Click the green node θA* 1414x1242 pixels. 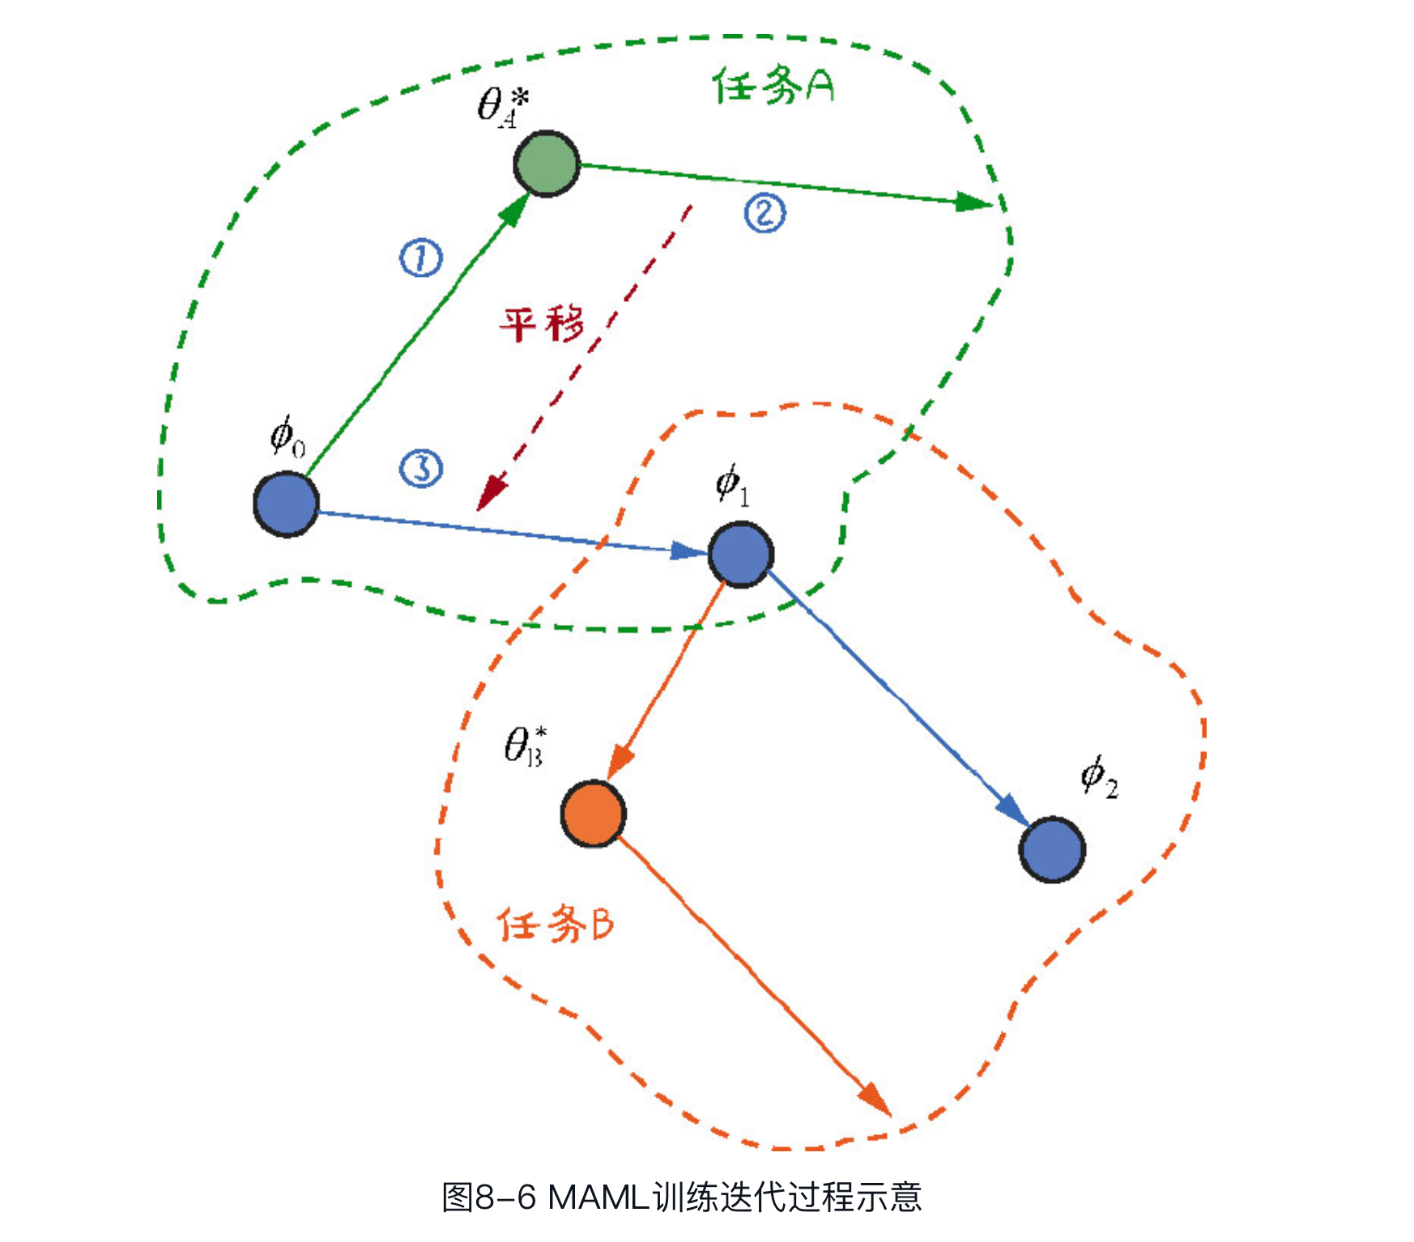tap(547, 164)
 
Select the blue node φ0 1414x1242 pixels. tap(286, 504)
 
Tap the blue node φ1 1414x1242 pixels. tap(740, 554)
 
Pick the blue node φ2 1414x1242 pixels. tap(1051, 849)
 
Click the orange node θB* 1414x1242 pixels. tap(594, 813)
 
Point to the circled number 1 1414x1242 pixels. tap(421, 258)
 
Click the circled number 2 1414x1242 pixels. tap(764, 213)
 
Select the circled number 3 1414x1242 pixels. tap(421, 468)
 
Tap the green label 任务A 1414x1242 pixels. tap(773, 86)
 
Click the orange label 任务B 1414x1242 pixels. tap(556, 924)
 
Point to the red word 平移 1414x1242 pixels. tap(541, 324)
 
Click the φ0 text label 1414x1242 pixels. tap(287, 436)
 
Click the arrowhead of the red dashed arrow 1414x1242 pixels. tap(489, 495)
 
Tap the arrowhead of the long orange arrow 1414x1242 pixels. tap(876, 1100)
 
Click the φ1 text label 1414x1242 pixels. tap(732, 485)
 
